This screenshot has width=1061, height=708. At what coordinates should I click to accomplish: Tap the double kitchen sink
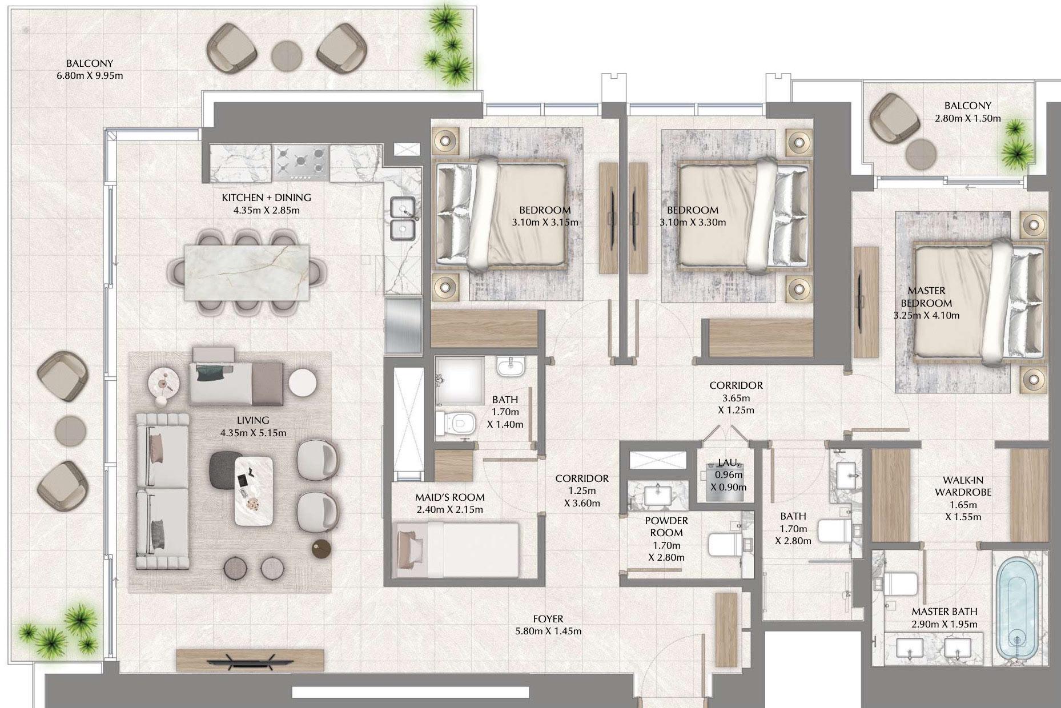(x=403, y=219)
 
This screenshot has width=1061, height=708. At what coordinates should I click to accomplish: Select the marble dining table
(x=247, y=272)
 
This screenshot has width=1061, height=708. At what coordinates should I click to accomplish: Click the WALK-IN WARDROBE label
(x=963, y=486)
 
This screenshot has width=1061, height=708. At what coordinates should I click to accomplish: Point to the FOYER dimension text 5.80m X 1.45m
(x=548, y=631)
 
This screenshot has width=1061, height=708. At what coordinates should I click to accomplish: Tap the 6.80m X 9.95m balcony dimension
(x=90, y=75)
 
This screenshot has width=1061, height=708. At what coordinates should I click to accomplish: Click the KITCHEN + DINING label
(x=266, y=198)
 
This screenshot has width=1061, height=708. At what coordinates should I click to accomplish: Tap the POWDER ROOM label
(x=666, y=526)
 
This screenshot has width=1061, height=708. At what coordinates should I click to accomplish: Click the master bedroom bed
(x=978, y=309)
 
